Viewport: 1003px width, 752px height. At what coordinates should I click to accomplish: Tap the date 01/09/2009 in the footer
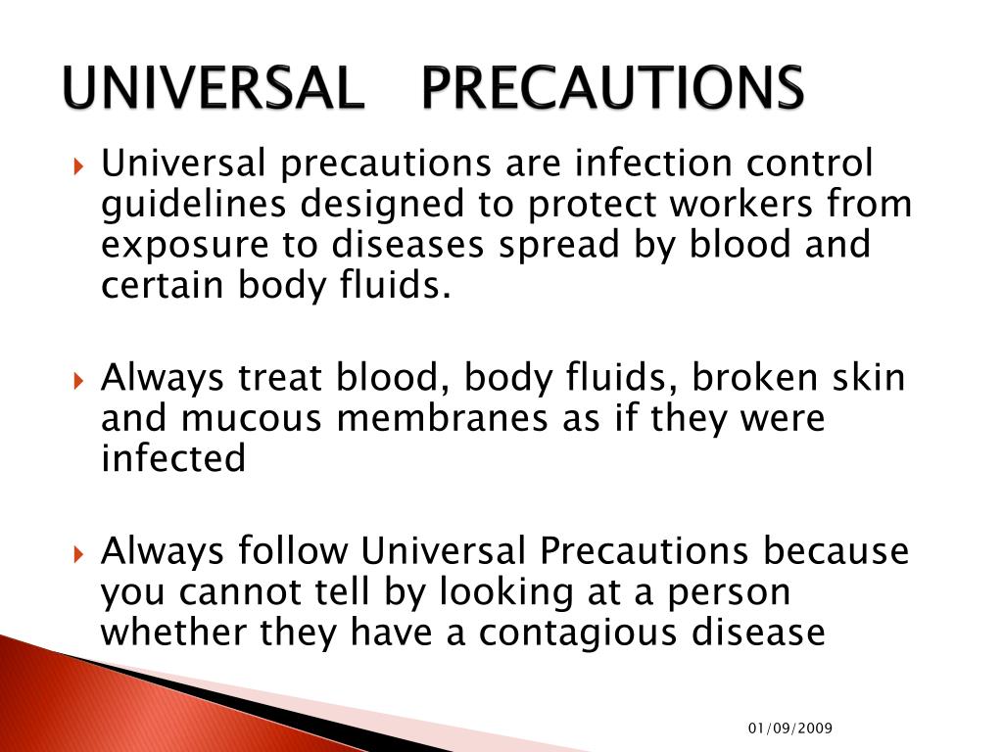click(x=789, y=728)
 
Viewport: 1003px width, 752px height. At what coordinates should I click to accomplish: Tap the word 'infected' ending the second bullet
click(x=173, y=457)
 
